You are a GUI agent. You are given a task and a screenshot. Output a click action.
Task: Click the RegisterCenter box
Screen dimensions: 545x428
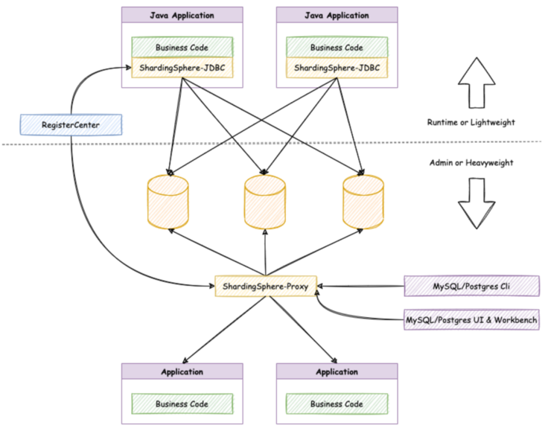[71, 125]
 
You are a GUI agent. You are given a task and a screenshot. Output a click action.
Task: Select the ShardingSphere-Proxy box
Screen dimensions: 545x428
[266, 287]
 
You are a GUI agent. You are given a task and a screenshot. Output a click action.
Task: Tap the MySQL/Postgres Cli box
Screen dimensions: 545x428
[471, 287]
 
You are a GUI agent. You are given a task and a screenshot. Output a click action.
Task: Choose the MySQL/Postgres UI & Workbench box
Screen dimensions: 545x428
[471, 319]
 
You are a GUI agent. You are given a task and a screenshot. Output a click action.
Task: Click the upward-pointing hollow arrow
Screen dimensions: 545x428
[477, 83]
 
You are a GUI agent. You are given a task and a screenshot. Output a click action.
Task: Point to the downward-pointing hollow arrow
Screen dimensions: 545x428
[477, 203]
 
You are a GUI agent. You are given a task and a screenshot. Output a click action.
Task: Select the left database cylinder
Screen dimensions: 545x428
[168, 202]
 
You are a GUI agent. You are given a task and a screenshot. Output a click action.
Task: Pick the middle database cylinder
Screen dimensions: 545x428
[265, 202]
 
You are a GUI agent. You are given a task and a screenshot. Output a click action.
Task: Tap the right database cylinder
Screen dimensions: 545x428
[363, 202]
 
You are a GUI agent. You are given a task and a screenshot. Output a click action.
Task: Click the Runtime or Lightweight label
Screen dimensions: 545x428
[471, 122]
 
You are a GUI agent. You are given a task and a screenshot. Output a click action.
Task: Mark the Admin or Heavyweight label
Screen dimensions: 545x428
[471, 162]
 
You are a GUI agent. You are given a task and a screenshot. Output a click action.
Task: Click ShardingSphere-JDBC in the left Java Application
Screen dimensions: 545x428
[182, 68]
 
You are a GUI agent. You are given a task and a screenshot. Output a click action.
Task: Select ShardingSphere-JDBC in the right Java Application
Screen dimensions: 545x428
[337, 68]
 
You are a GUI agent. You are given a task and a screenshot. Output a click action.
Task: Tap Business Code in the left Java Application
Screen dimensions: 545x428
[182, 47]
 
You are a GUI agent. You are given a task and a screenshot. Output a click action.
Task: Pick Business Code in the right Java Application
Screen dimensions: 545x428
[337, 47]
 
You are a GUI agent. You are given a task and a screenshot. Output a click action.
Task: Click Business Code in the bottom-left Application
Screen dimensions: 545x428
[182, 403]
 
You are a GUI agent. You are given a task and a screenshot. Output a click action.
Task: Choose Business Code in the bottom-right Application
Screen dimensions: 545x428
[337, 403]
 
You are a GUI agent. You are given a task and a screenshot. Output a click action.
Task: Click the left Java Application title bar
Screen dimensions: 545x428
[182, 15]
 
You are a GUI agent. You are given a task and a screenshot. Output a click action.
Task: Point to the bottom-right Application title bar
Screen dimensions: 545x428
[337, 371]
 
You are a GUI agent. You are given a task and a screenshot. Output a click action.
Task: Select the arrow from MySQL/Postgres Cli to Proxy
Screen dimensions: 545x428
[361, 287]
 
